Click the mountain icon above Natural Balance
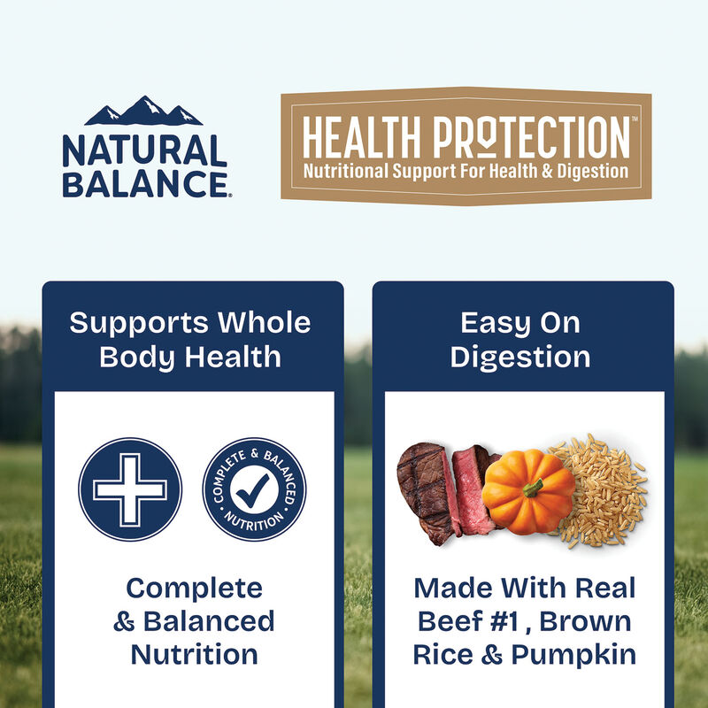(x=143, y=111)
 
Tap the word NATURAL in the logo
(x=144, y=151)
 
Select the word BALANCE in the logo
(x=144, y=184)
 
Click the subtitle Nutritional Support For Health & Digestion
(x=466, y=170)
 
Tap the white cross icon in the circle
(x=130, y=489)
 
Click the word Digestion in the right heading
(x=520, y=357)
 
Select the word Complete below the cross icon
(x=194, y=588)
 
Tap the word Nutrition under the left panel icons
(x=194, y=654)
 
